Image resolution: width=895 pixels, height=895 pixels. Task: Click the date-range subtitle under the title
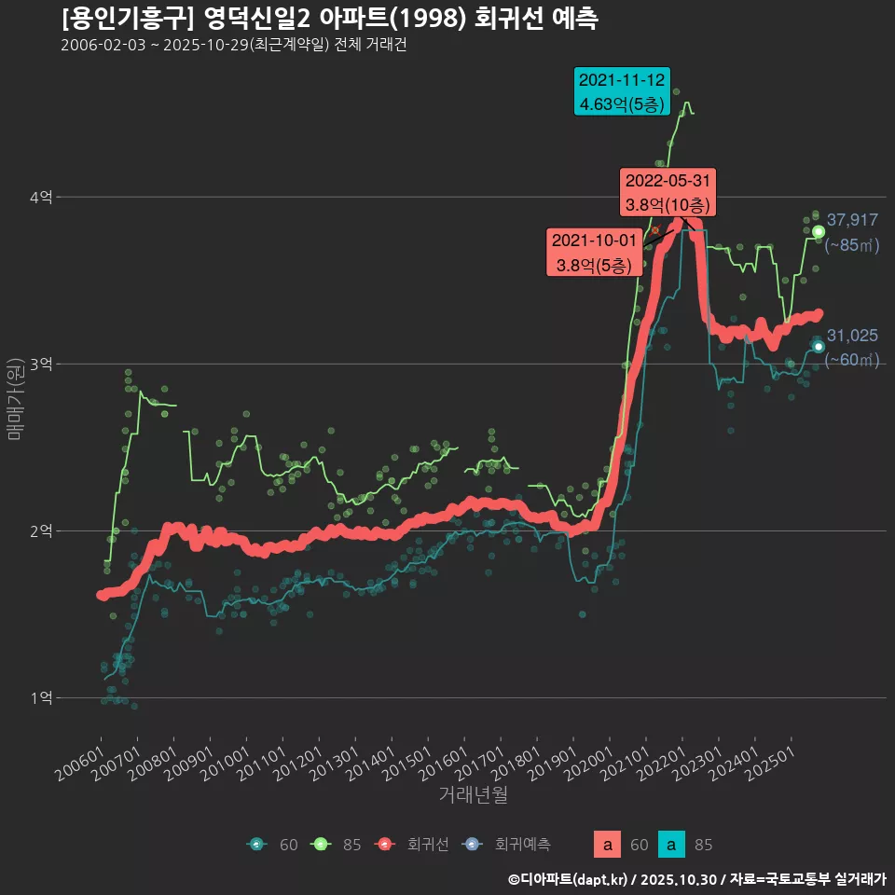pos(233,46)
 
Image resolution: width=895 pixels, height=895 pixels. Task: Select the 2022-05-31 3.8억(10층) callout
pos(668,192)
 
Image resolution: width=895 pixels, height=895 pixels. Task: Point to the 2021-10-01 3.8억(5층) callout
pos(595,253)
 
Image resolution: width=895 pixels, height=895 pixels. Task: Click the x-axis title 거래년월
pos(474,795)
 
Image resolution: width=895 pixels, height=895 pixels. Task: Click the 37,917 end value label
pos(852,220)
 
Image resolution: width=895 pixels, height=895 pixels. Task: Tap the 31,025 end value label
pos(852,336)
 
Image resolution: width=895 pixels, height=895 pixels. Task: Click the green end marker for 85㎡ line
pos(819,231)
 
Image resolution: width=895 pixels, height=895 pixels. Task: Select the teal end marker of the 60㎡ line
pos(819,347)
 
